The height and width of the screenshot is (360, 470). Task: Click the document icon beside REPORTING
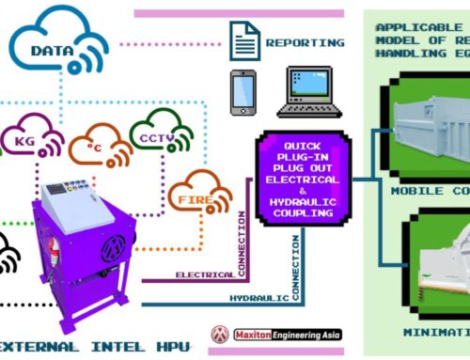242,39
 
